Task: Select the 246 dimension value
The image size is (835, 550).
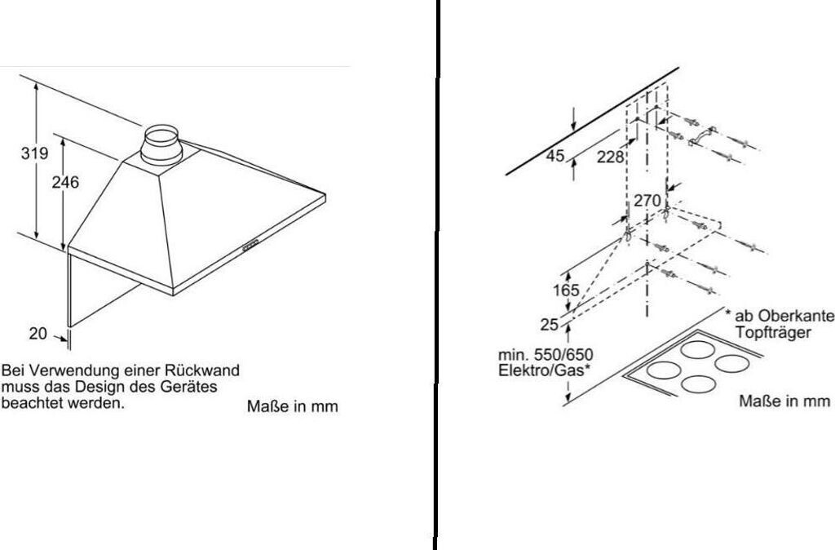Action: point(65,183)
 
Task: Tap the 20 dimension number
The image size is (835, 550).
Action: point(38,333)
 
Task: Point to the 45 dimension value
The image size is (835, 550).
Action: point(554,156)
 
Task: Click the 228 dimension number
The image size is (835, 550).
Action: point(610,157)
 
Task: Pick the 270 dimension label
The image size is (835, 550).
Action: point(647,201)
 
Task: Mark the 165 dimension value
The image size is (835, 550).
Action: point(565,290)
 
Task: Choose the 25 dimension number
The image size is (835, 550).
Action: point(549,324)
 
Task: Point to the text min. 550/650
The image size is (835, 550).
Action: point(546,354)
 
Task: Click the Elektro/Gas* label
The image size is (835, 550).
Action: point(543,369)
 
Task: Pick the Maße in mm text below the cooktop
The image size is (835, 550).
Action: point(784,401)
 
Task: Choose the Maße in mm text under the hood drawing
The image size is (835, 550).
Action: point(292,406)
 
